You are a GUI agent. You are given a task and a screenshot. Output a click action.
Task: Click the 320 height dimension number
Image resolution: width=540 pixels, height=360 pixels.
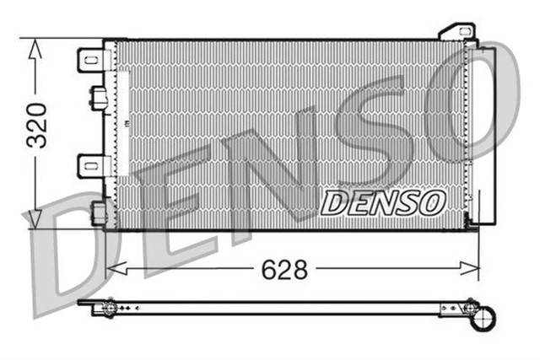coord(36,126)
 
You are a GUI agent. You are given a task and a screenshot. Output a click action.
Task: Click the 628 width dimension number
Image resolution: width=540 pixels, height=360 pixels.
coord(283,270)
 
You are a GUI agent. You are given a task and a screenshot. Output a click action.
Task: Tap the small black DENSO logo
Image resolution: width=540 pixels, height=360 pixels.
coord(383,202)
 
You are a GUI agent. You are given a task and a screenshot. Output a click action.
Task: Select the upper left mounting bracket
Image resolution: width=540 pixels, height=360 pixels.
coord(90,61)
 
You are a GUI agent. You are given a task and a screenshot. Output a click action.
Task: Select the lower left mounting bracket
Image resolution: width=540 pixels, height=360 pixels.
coord(90,165)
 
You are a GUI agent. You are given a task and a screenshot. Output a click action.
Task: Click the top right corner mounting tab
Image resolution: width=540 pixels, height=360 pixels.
coord(456,32)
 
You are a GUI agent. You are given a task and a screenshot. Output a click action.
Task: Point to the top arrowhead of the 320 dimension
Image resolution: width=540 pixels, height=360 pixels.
coord(34,49)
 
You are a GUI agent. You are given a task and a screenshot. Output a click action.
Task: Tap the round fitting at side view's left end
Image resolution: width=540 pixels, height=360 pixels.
coord(107,309)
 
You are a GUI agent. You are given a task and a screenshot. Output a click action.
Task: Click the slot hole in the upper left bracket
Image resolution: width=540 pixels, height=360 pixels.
coord(89,61)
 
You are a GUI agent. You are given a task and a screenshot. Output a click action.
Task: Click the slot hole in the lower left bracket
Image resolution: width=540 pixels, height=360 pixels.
coord(89,165)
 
